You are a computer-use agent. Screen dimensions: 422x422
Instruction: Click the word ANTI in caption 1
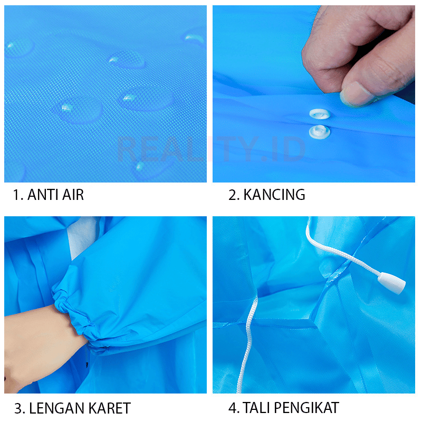click(43, 195)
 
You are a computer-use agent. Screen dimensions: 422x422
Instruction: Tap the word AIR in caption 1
click(73, 195)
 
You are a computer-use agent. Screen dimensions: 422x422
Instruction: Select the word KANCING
click(274, 195)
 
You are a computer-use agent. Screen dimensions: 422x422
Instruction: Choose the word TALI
click(256, 407)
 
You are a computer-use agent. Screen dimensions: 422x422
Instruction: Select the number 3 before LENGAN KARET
click(20, 408)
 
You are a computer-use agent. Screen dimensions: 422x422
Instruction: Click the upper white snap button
click(320, 113)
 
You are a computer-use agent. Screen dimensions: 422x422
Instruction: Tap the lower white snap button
click(320, 132)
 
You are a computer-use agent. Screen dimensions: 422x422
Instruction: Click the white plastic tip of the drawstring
click(391, 283)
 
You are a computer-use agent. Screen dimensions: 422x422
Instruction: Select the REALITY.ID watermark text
click(212, 149)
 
